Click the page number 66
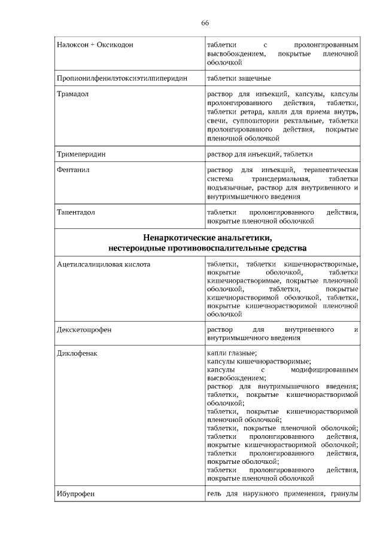205,23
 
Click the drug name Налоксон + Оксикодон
95,45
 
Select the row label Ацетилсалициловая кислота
104,264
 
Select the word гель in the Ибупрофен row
214,494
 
